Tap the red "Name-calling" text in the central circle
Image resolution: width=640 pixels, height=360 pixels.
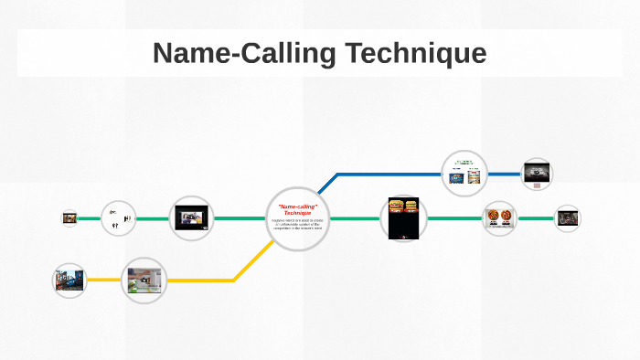[x=297, y=209]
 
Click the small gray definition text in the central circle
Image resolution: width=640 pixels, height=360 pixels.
[x=297, y=226]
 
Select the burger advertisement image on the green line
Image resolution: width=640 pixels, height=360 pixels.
[x=403, y=218]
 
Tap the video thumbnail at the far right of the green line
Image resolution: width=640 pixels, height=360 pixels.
[x=568, y=218]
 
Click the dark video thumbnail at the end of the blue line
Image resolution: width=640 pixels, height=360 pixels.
[x=537, y=171]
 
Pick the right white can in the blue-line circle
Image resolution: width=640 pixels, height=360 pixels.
[x=474, y=176]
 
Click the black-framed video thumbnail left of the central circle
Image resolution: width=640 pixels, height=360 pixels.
[x=192, y=219]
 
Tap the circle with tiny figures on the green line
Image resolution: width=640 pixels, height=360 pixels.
[x=118, y=218]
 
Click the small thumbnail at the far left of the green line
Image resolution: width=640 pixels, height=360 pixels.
[x=69, y=218]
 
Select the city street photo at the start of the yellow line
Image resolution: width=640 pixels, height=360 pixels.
[x=69, y=281]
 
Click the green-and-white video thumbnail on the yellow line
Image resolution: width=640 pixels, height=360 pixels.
[x=144, y=280]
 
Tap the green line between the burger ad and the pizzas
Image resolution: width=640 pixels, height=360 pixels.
[x=453, y=219]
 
